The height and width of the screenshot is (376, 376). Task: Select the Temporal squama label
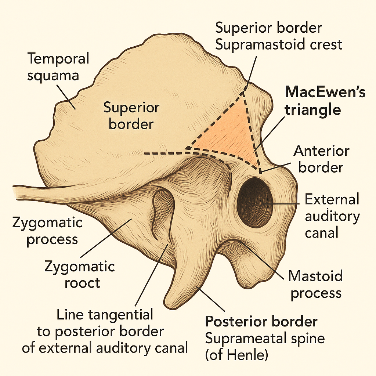(x=58, y=66)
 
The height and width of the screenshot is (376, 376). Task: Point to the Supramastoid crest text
(x=279, y=44)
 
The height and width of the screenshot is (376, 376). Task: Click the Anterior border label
(x=321, y=159)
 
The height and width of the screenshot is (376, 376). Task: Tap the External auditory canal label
(x=332, y=216)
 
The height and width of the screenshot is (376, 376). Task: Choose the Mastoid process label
(x=315, y=284)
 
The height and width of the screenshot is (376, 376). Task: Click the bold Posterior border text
(x=261, y=322)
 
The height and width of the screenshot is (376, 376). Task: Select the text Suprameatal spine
(x=265, y=338)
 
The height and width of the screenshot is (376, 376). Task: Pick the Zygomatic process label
(x=47, y=231)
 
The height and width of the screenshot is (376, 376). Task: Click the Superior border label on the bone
(x=131, y=116)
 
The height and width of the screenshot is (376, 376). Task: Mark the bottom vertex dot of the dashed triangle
(x=260, y=171)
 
